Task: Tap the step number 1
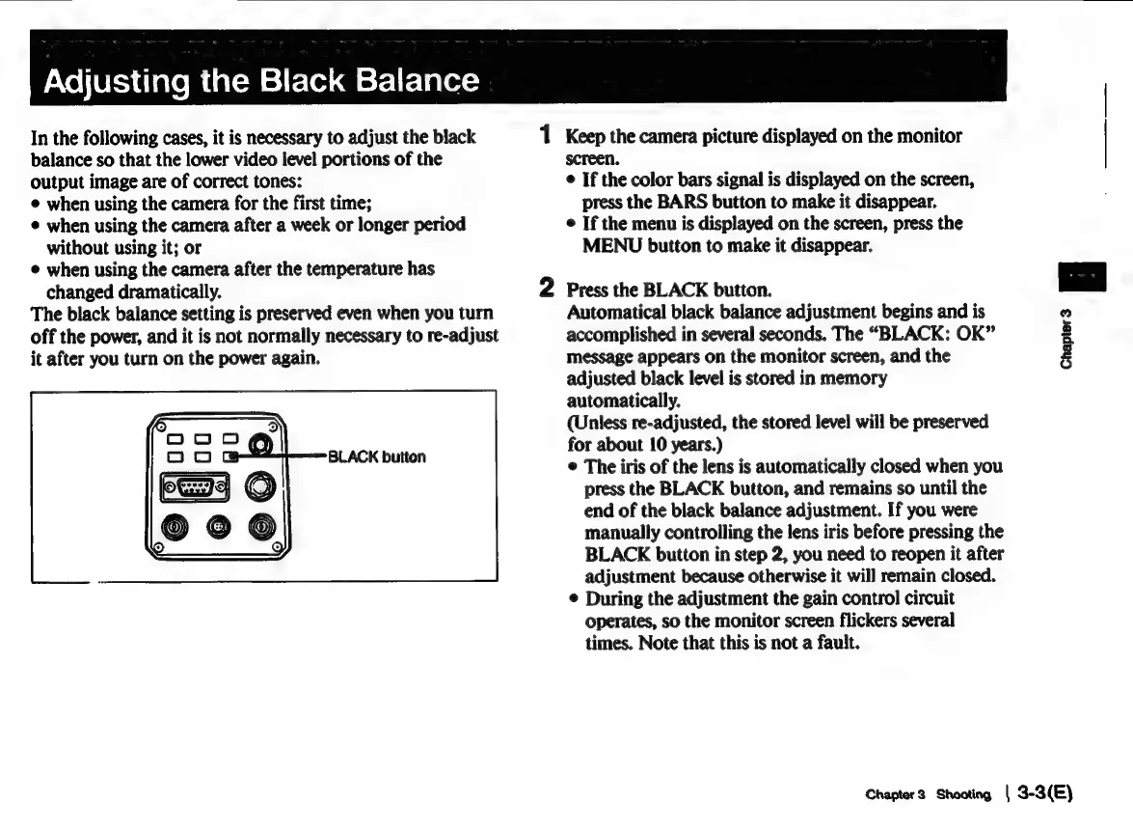pyautogui.click(x=546, y=136)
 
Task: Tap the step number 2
pyautogui.click(x=546, y=288)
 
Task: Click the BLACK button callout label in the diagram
pyautogui.click(x=377, y=456)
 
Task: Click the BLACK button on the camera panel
pyautogui.click(x=231, y=456)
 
